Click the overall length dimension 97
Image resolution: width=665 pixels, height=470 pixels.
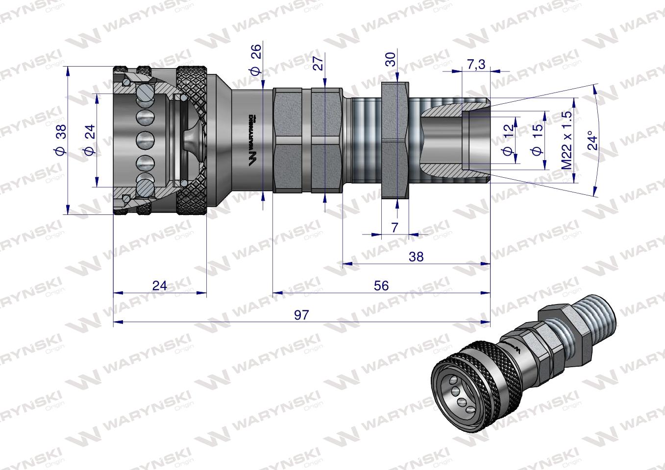pyautogui.click(x=302, y=315)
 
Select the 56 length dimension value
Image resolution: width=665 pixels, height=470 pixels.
pyautogui.click(x=381, y=285)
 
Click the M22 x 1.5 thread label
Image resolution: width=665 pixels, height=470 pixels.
pyautogui.click(x=567, y=141)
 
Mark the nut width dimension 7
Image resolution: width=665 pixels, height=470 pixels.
pyautogui.click(x=395, y=227)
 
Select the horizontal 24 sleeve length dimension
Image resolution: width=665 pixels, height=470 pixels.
pyautogui.click(x=160, y=285)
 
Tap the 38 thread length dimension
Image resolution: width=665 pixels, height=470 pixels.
pyautogui.click(x=416, y=256)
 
